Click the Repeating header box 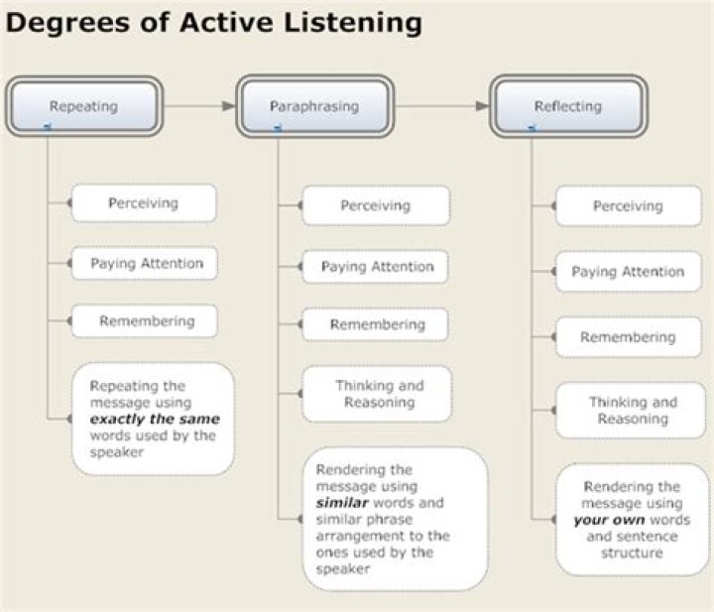click(83, 105)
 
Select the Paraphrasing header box click(313, 105)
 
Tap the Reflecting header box click(569, 105)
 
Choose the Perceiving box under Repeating click(143, 202)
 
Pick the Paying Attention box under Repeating click(146, 263)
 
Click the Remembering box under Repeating click(146, 321)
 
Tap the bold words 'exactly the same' click(154, 419)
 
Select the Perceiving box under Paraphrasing click(376, 206)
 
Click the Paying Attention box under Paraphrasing click(376, 266)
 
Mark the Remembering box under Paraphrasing click(376, 324)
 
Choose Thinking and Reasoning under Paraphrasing click(378, 394)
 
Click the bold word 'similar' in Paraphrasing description click(340, 503)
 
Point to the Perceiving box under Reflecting click(628, 206)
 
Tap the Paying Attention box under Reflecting click(628, 272)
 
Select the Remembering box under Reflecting click(628, 337)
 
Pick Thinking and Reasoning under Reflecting click(632, 410)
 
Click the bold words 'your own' click(609, 520)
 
